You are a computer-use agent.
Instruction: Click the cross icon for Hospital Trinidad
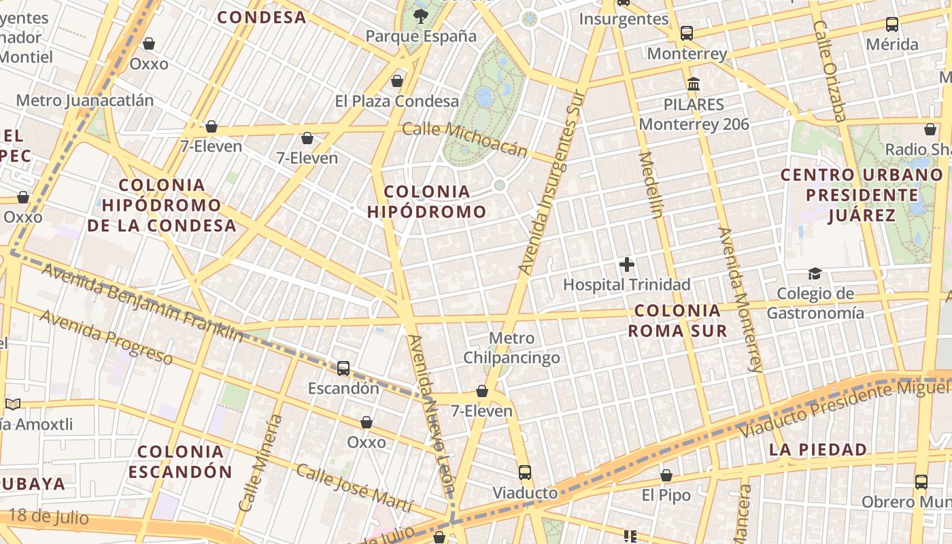click(627, 265)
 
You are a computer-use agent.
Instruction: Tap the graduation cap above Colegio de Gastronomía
click(815, 273)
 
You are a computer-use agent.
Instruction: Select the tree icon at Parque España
click(421, 16)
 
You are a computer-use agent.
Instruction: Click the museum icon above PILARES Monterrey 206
click(694, 84)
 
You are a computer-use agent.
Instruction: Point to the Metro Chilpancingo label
click(512, 347)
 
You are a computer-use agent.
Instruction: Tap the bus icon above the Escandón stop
click(343, 369)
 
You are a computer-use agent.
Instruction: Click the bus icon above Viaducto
click(524, 472)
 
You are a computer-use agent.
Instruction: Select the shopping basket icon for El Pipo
click(666, 475)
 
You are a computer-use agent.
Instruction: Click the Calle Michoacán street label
click(465, 139)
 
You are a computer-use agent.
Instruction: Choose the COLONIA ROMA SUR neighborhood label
click(677, 321)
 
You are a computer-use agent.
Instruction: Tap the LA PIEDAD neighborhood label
click(818, 449)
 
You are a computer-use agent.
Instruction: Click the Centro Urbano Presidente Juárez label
click(862, 195)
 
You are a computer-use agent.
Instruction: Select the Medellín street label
click(650, 185)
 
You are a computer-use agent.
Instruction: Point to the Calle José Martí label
click(354, 488)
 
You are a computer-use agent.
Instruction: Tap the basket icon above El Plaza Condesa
click(397, 82)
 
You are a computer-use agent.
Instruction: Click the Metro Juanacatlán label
click(85, 101)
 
